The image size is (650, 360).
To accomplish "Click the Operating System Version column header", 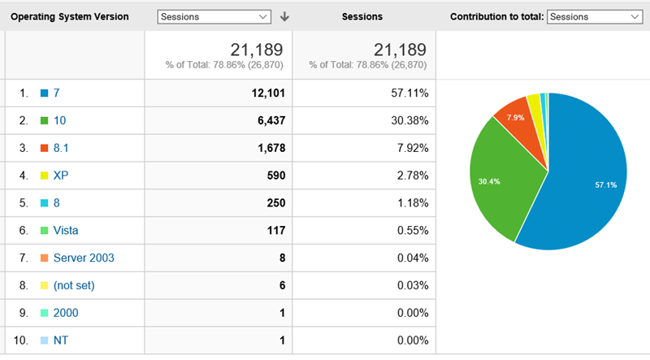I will tap(69, 16).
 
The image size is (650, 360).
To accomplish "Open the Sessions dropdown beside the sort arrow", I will tap(214, 16).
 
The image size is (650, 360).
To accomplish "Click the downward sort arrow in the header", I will tap(284, 16).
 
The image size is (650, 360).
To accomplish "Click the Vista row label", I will tap(66, 230).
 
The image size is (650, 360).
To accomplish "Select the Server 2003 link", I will tap(84, 258).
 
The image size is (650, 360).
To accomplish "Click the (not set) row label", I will tap(73, 285).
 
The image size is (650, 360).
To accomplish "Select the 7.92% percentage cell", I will tap(409, 148).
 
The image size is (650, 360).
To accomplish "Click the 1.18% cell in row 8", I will tap(409, 202).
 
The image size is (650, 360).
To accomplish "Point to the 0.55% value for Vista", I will tap(409, 230).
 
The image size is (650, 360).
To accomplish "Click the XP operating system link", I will tap(61, 176).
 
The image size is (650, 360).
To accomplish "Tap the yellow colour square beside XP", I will tap(45, 176).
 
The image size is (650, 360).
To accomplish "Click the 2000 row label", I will tap(66, 312).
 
